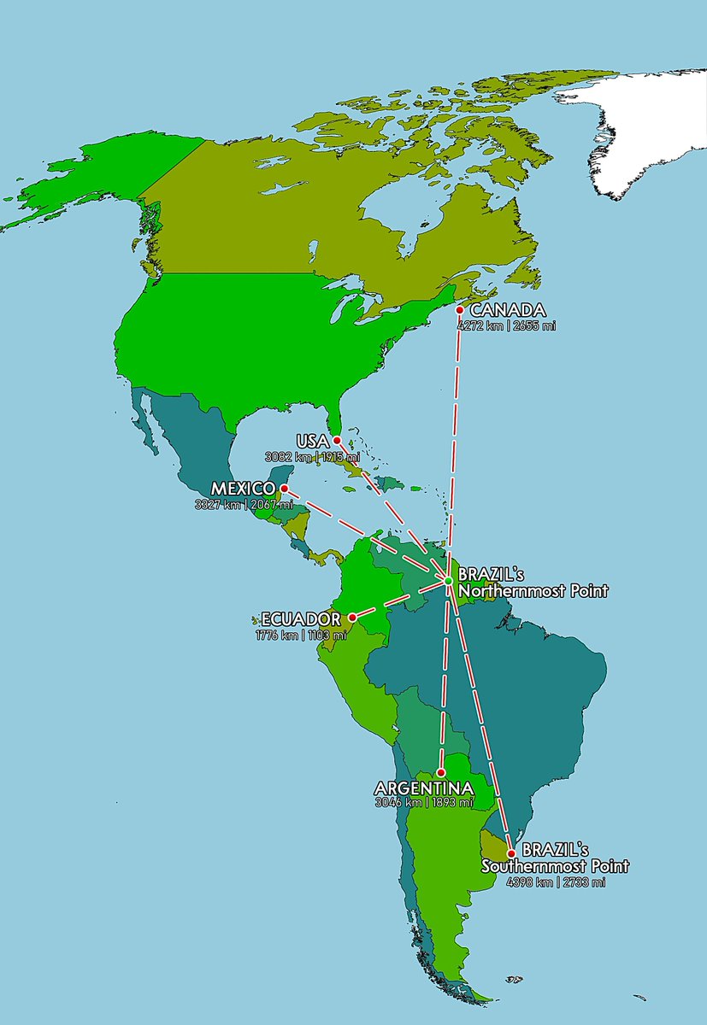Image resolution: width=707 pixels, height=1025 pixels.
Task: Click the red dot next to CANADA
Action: pyautogui.click(x=460, y=310)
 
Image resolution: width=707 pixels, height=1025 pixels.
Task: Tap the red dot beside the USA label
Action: pyautogui.click(x=337, y=440)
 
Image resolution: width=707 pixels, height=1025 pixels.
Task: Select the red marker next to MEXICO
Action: pyautogui.click(x=285, y=489)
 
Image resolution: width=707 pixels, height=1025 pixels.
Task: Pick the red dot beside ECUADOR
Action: pyautogui.click(x=352, y=617)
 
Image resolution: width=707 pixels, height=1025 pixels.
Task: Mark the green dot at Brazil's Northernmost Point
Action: pyautogui.click(x=448, y=581)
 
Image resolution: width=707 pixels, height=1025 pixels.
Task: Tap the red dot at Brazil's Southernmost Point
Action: pyautogui.click(x=511, y=852)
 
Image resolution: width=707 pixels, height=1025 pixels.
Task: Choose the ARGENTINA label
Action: pyautogui.click(x=424, y=788)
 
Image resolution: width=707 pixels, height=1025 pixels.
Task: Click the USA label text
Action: pyautogui.click(x=311, y=441)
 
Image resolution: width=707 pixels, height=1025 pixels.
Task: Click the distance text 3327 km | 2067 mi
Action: pyautogui.click(x=243, y=504)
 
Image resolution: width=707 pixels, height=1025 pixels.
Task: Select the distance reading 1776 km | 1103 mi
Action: pyautogui.click(x=301, y=635)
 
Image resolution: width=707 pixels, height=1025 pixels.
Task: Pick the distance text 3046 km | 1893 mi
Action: pyautogui.click(x=424, y=803)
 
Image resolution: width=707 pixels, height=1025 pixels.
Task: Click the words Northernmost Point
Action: pyautogui.click(x=533, y=590)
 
